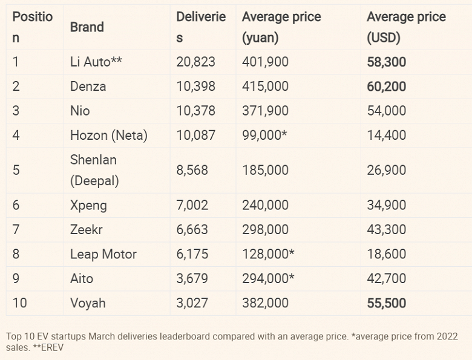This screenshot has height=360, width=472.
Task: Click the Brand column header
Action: pyautogui.click(x=87, y=27)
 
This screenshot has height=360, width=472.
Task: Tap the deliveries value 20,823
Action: pyautogui.click(x=195, y=62)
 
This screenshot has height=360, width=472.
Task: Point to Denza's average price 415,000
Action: pyautogui.click(x=265, y=87)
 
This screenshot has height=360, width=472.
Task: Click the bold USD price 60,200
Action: pyautogui.click(x=386, y=87)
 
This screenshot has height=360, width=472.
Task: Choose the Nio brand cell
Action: pyautogui.click(x=80, y=111)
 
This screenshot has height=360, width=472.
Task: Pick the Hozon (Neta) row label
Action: pyautogui.click(x=108, y=135)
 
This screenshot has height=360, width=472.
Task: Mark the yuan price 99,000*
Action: pyautogui.click(x=264, y=135)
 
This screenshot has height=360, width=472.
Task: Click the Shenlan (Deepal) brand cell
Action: pyautogui.click(x=94, y=170)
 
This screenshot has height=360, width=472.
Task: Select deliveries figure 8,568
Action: pyautogui.click(x=192, y=170)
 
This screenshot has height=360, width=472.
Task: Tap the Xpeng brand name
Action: pyautogui.click(x=88, y=205)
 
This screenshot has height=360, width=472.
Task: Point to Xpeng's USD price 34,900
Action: pyautogui.click(x=386, y=205)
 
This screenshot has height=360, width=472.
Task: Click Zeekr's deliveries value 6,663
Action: pyautogui.click(x=192, y=230)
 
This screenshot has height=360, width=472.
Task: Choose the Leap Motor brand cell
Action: pyautogui.click(x=103, y=254)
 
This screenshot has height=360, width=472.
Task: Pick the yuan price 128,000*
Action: pyautogui.click(x=268, y=254)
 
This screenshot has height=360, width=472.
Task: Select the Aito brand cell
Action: pyautogui.click(x=82, y=278)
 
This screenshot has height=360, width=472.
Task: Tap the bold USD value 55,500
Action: pyautogui.click(x=386, y=303)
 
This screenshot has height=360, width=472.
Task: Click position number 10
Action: pyautogui.click(x=20, y=303)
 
